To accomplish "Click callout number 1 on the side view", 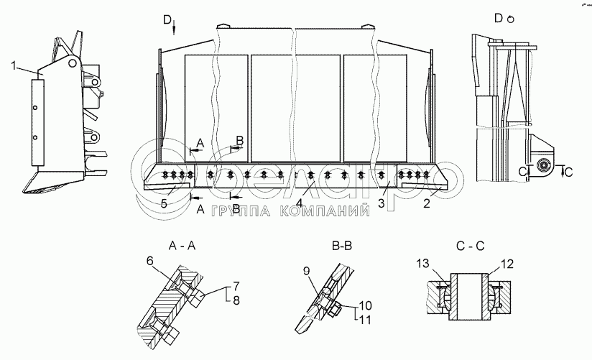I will coord(14,68).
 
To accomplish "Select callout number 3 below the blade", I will coord(382,204).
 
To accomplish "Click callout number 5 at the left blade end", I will coord(163,203).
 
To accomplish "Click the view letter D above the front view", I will coord(167,19).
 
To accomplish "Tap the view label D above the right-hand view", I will coord(498,19).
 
